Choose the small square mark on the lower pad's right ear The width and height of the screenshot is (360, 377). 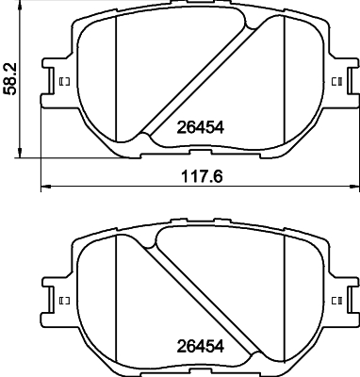click(x=335, y=301)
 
